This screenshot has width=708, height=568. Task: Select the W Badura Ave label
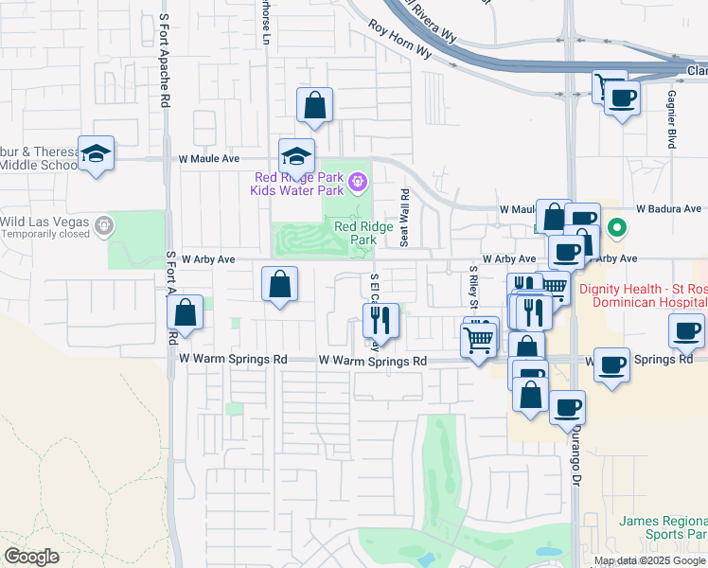point(668,208)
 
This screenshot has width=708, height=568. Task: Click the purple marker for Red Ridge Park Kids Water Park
point(357,180)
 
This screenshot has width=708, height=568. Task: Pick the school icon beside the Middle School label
point(96,154)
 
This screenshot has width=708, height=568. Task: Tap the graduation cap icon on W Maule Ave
point(296,156)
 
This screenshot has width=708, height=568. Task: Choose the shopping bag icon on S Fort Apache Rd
point(186,313)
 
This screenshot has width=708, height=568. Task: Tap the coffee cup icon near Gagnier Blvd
point(622,98)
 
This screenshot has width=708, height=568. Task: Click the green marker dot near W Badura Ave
point(617,227)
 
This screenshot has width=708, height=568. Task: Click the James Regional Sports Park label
point(662,527)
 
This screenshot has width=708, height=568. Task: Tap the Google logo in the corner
point(31,557)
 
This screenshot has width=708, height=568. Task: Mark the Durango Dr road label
point(575,457)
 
